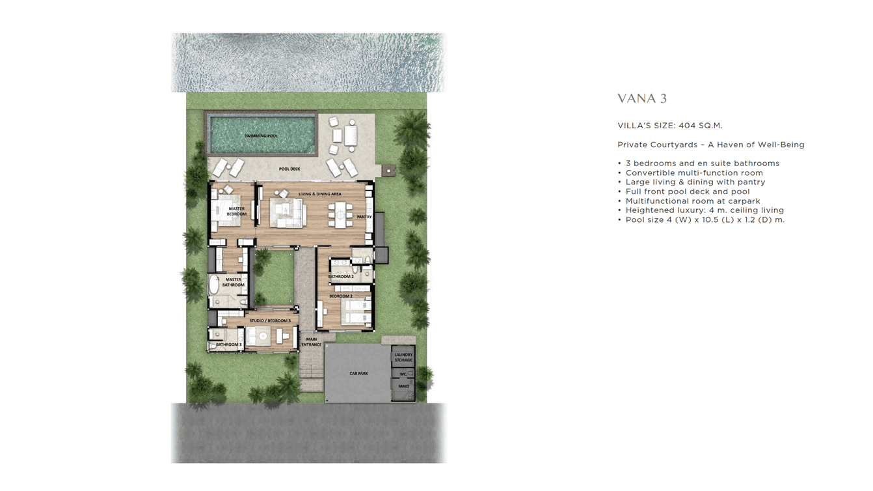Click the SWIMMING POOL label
click(261, 136)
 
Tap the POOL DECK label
click(289, 169)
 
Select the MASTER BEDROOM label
click(236, 212)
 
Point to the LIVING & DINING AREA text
click(319, 194)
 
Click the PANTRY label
click(364, 217)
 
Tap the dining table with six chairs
click(340, 212)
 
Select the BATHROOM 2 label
click(341, 277)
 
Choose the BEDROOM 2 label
click(341, 296)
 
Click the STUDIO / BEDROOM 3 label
click(270, 321)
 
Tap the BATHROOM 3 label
click(228, 344)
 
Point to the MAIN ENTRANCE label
click(312, 342)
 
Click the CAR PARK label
click(358, 374)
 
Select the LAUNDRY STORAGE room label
click(403, 358)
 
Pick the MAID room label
click(403, 386)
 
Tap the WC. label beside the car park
click(403, 374)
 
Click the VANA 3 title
click(642, 99)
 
